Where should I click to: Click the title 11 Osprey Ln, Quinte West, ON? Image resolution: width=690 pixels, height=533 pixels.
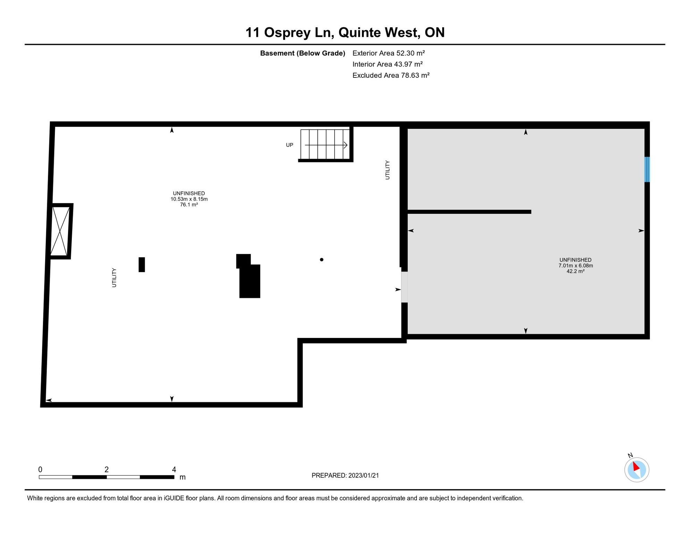click(x=345, y=32)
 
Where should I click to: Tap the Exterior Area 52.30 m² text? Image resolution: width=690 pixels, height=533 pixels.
click(x=388, y=53)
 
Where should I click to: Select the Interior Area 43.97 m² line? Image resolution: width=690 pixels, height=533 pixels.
click(x=387, y=64)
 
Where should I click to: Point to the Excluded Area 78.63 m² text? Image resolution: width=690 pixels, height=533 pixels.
click(x=391, y=75)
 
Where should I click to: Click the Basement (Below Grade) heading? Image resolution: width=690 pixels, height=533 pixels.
click(x=302, y=53)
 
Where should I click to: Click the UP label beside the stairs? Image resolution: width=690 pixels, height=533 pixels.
click(x=289, y=145)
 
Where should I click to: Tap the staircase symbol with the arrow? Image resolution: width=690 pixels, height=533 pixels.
click(x=325, y=144)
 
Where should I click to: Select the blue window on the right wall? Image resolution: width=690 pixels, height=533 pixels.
click(x=647, y=169)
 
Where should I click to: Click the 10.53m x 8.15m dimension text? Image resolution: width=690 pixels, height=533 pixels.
click(x=189, y=199)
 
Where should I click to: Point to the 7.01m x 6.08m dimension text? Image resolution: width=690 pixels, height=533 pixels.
click(x=575, y=266)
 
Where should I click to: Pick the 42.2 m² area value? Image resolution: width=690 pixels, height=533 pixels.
click(x=575, y=271)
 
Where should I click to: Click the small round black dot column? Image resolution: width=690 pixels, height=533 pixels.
click(x=322, y=260)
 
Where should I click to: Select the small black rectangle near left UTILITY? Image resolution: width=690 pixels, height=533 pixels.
click(x=142, y=265)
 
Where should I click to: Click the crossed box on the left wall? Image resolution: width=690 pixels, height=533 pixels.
click(x=60, y=231)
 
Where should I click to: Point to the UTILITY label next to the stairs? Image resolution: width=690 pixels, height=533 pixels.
click(x=387, y=170)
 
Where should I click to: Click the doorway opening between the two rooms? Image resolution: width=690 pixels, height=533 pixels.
click(x=404, y=287)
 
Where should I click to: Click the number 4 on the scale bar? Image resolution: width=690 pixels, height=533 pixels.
click(x=174, y=469)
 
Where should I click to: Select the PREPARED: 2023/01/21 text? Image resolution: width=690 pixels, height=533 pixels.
click(x=345, y=475)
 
